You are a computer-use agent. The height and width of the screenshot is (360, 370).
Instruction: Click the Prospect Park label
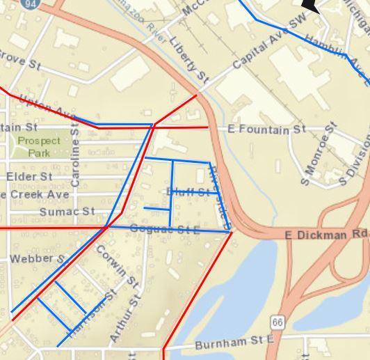click(x=39, y=146)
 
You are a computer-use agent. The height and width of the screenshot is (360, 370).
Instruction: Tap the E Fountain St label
click(x=267, y=130)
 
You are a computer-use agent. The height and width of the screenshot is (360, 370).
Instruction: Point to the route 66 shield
click(x=278, y=322)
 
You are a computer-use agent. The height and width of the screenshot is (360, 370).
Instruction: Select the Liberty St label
click(x=188, y=58)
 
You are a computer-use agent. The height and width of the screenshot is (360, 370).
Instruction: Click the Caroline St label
click(x=76, y=161)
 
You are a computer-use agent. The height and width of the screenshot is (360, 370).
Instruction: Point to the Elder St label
click(x=29, y=177)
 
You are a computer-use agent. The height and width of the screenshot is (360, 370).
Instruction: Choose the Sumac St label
click(x=67, y=211)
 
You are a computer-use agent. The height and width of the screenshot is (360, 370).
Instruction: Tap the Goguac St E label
click(x=166, y=228)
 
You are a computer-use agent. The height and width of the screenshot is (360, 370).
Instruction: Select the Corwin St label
click(x=116, y=265)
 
